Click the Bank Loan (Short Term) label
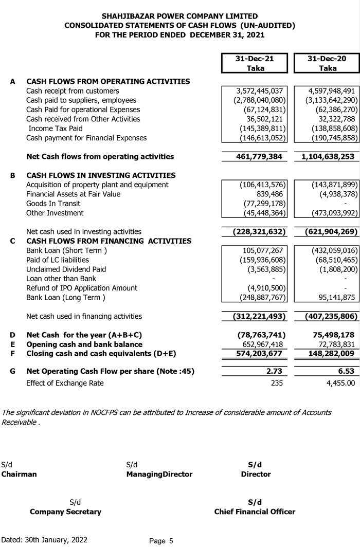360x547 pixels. (x=66, y=250)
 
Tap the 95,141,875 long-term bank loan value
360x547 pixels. (x=333, y=297)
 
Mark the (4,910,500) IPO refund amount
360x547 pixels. (x=266, y=288)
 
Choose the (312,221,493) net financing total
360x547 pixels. (x=254, y=316)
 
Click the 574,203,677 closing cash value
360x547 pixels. (x=254, y=353)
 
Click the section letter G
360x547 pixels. (x=13, y=371)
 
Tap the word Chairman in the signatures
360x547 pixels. (x=19, y=474)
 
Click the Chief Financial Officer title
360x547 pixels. (x=255, y=512)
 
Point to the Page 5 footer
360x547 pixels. (x=161, y=540)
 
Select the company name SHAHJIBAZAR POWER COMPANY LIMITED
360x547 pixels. (x=180, y=16)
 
